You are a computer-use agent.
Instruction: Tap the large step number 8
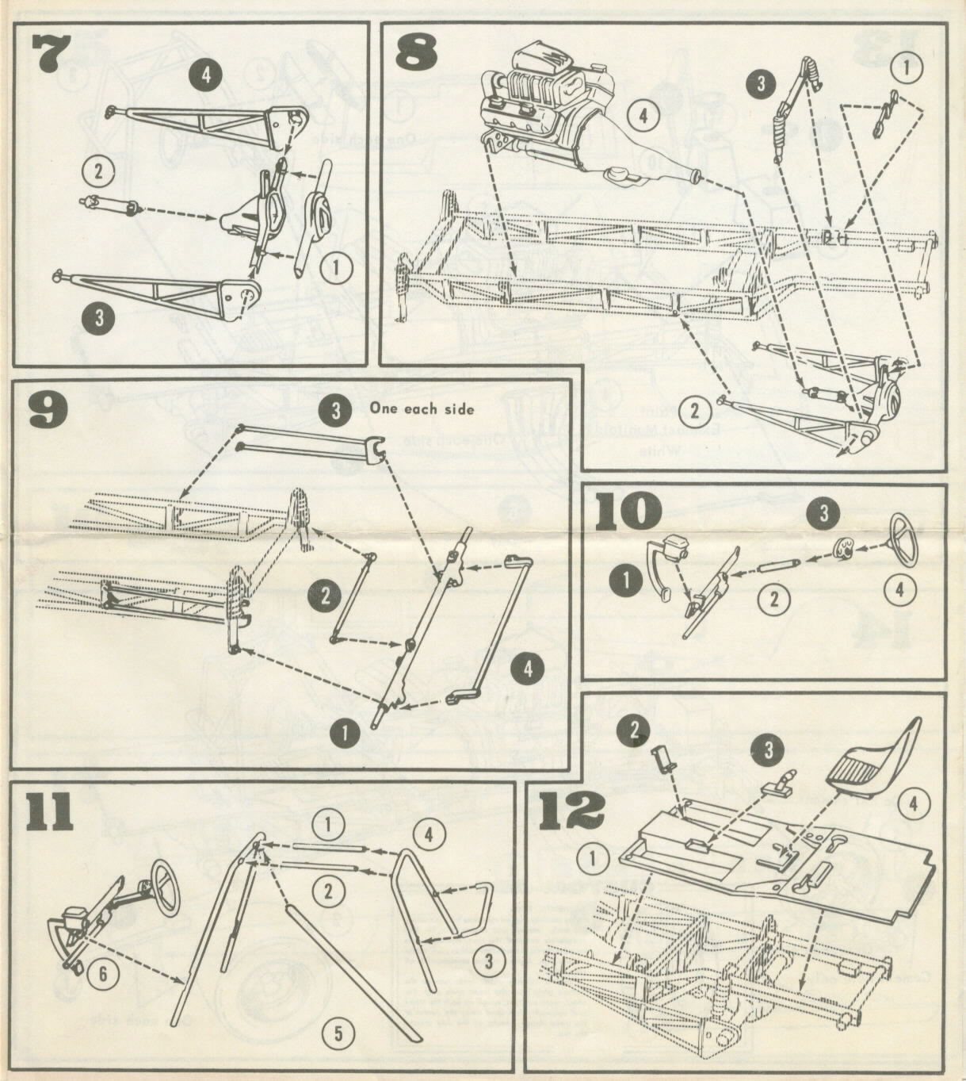[417, 54]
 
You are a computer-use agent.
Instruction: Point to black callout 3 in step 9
[335, 410]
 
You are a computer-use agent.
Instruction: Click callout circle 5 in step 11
[338, 1033]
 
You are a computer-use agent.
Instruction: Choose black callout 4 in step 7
[205, 75]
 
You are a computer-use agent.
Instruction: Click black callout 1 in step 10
[627, 581]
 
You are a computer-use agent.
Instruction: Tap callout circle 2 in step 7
[98, 169]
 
